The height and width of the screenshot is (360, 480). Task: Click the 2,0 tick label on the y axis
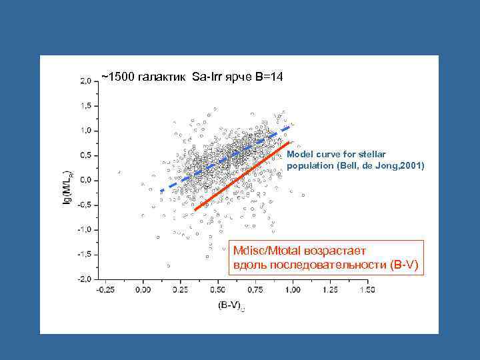[87, 81]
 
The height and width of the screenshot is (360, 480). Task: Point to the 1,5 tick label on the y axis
[87, 105]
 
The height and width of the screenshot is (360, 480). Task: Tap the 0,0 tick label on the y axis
[87, 180]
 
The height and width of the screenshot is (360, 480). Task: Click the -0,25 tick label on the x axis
[105, 290]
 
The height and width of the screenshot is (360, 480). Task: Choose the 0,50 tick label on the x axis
[217, 290]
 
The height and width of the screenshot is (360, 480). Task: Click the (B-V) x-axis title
[230, 305]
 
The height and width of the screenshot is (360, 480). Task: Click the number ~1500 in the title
[117, 77]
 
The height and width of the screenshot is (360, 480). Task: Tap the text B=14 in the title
[269, 77]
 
